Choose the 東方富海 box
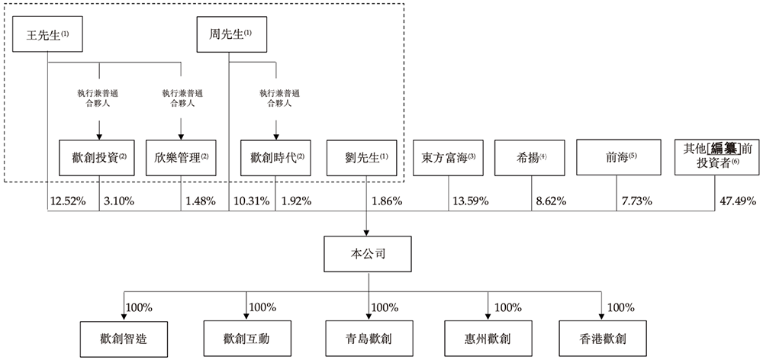(x=449, y=158)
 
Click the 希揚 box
(x=532, y=158)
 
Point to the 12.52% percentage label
(x=67, y=202)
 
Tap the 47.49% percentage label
(x=738, y=202)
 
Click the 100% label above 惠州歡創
(x=507, y=307)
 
